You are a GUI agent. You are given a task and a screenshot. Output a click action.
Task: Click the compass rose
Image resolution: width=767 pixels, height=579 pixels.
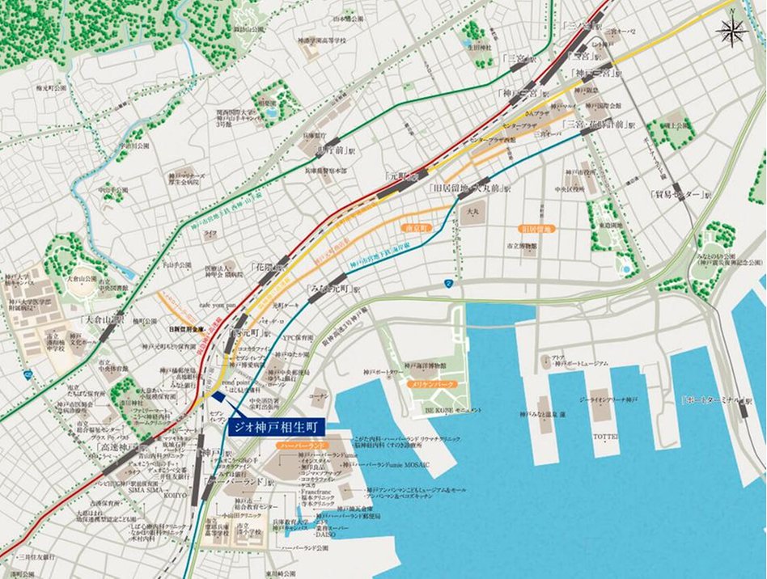[732, 32]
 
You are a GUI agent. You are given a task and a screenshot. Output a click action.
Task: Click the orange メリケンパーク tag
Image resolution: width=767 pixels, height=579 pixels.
[434, 385]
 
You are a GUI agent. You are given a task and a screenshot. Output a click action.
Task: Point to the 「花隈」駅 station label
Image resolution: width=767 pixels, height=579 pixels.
[268, 265]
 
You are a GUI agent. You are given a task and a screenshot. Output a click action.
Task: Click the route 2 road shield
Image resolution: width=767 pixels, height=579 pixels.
[447, 283]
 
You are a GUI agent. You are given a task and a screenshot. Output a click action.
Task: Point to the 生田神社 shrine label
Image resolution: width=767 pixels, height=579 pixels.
[483, 63]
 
